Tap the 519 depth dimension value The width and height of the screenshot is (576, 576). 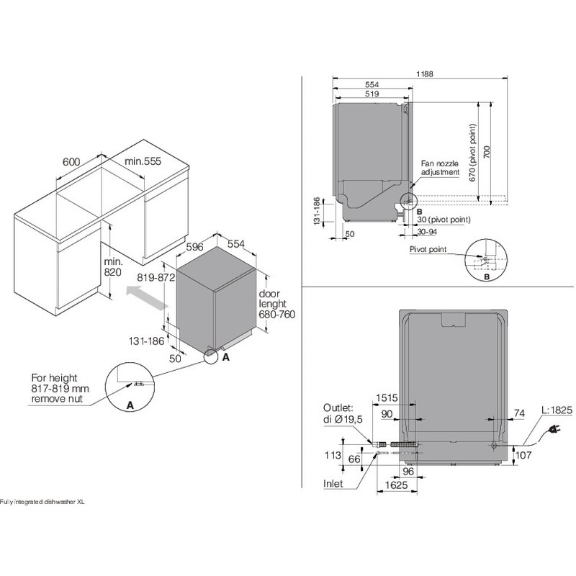(372, 94)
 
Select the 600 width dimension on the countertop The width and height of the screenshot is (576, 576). (71, 161)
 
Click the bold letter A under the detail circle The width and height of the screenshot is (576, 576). (130, 406)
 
